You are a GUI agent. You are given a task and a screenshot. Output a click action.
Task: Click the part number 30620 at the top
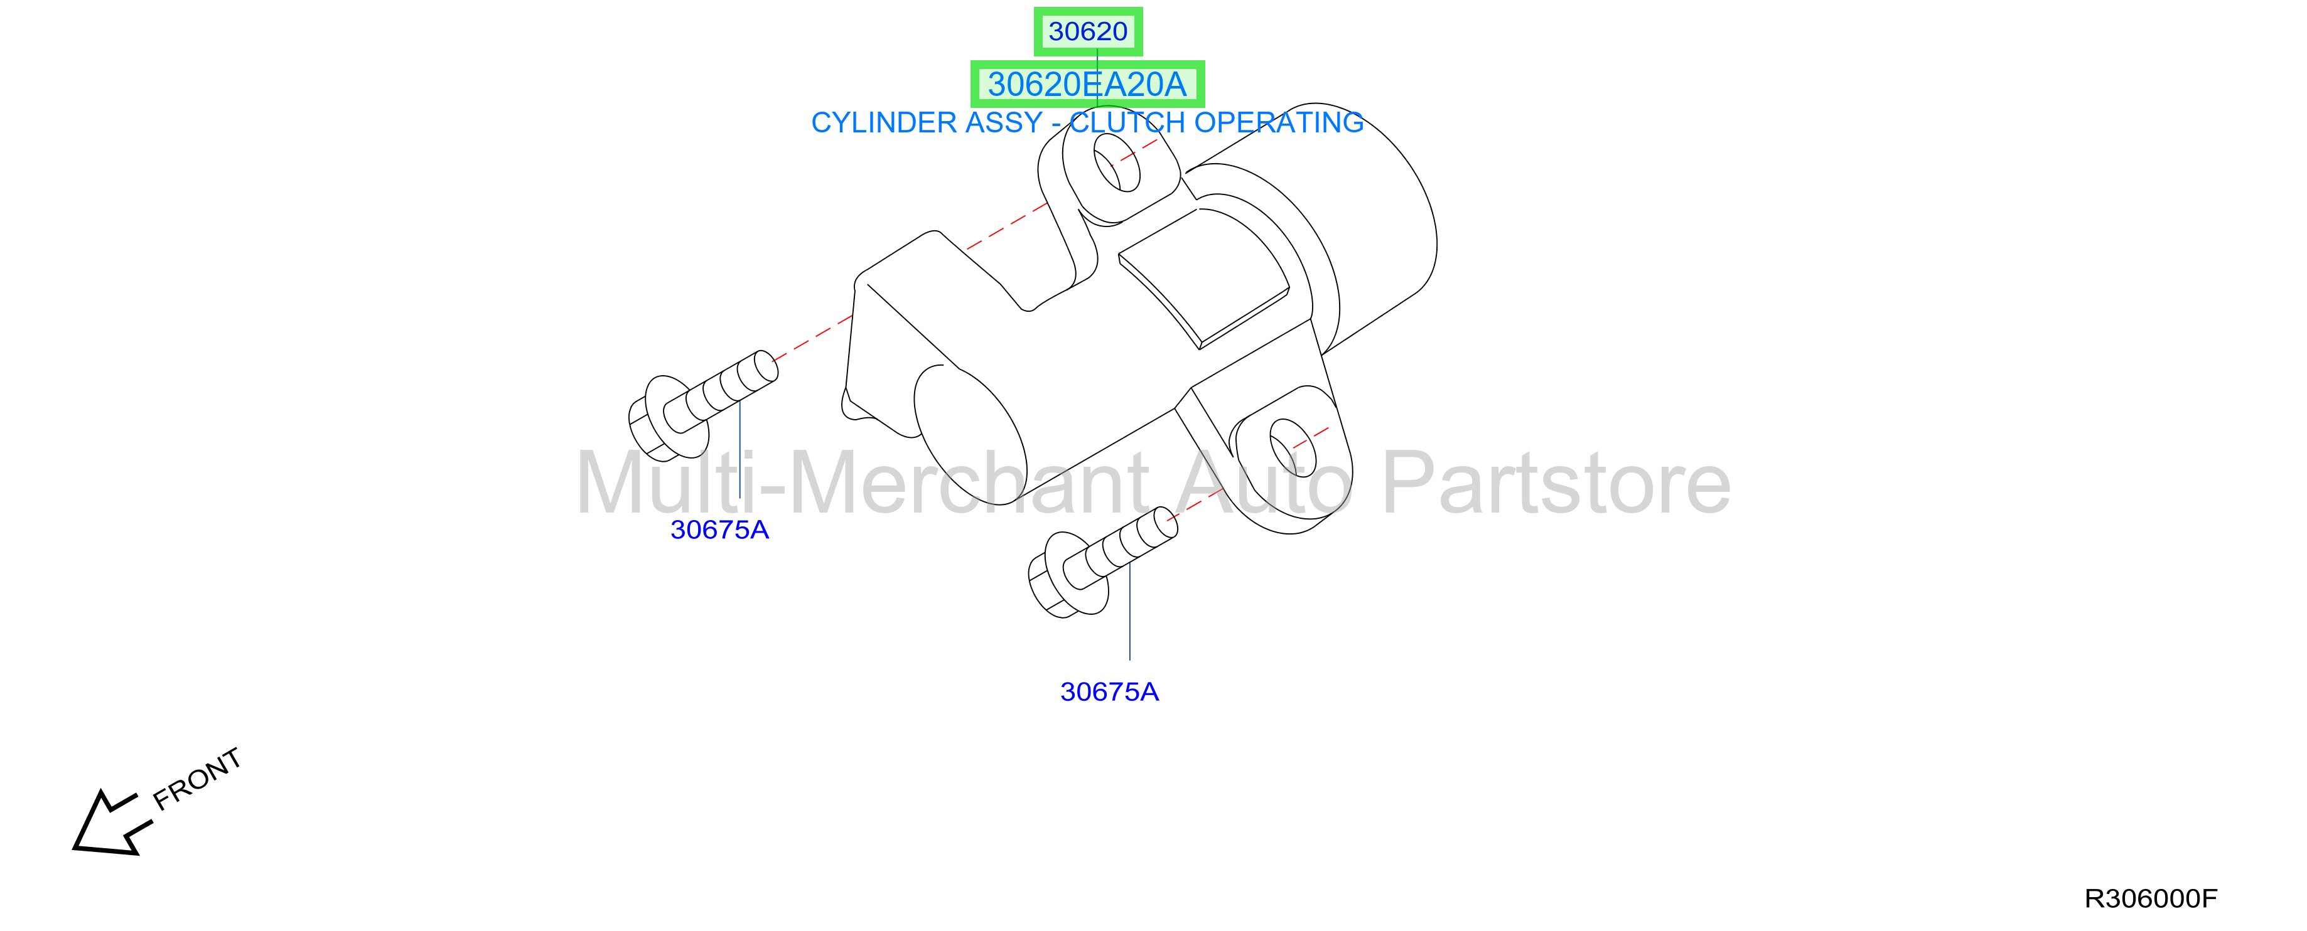(x=1088, y=31)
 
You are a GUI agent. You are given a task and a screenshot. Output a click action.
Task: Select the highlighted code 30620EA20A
(x=1087, y=84)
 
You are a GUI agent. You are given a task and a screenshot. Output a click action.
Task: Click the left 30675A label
(x=719, y=530)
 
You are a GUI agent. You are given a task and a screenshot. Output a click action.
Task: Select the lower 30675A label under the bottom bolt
(x=1110, y=692)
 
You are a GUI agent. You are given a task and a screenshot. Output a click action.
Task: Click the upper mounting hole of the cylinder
(x=1117, y=164)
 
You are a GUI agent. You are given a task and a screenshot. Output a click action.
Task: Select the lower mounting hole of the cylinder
(x=1293, y=447)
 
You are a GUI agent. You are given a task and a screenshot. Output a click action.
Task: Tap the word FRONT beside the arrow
(x=197, y=779)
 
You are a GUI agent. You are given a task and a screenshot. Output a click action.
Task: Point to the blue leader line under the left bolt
(x=739, y=449)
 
